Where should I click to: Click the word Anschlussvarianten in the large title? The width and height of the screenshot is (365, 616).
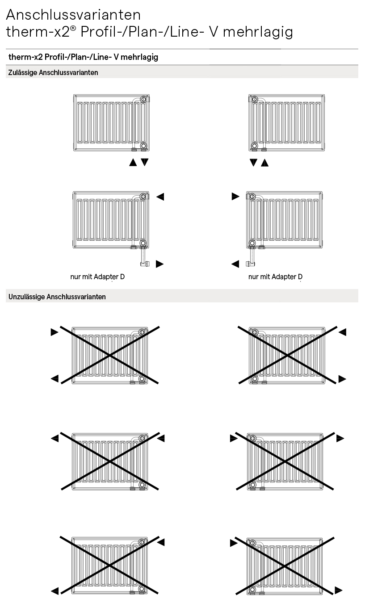[73, 15]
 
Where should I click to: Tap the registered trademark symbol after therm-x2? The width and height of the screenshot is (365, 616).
[73, 28]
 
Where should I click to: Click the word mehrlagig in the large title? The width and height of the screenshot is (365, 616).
[258, 32]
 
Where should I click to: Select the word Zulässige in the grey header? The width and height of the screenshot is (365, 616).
[22, 73]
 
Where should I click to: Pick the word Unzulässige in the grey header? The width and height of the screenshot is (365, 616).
[26, 297]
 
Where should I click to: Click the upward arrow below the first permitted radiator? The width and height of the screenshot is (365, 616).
[133, 162]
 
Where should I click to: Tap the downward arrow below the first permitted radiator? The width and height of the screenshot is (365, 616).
[145, 162]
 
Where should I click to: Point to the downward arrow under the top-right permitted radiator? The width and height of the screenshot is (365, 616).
[253, 162]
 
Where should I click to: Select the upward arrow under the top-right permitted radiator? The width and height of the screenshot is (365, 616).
[264, 163]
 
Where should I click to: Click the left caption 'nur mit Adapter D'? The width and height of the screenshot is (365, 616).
[97, 277]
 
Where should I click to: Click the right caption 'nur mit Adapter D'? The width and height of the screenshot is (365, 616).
[275, 277]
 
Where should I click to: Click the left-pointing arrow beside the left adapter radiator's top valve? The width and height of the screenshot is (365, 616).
[160, 197]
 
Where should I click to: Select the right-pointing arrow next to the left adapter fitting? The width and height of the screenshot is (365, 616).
[159, 264]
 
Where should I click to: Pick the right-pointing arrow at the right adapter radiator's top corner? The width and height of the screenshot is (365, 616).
[235, 197]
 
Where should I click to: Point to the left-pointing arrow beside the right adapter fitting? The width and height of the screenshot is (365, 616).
[235, 264]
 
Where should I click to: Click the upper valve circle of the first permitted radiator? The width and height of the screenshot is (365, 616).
[143, 99]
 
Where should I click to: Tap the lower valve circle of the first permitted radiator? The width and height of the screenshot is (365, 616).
[143, 146]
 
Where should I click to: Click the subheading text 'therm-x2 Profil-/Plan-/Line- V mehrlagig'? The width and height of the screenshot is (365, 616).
[84, 57]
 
